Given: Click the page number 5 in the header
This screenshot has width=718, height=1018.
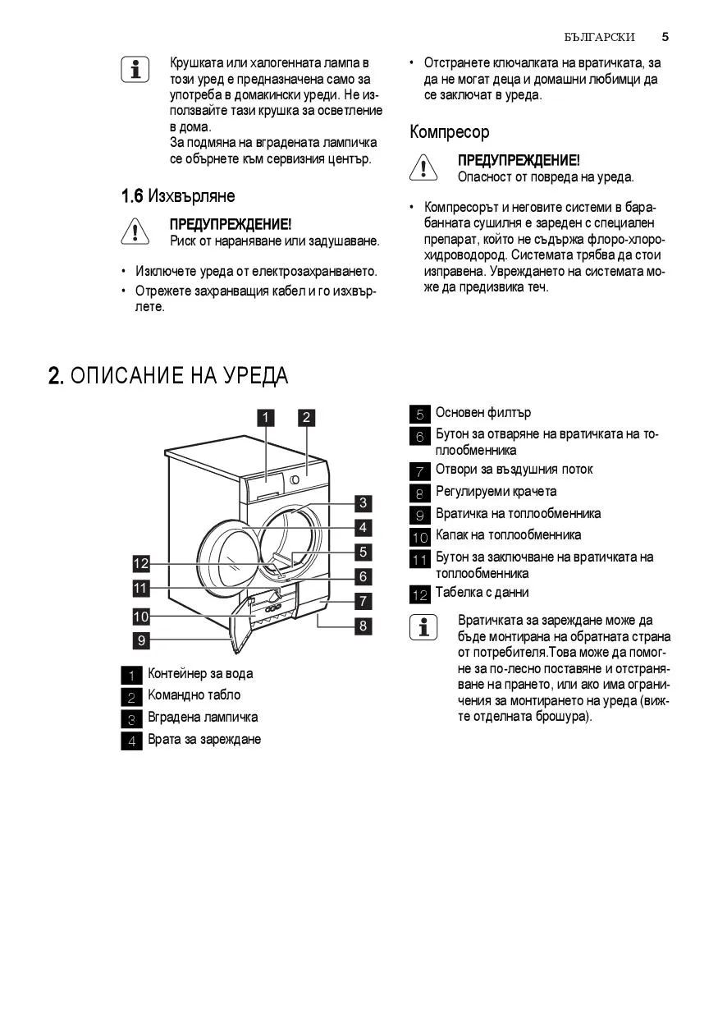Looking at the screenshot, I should click(665, 37).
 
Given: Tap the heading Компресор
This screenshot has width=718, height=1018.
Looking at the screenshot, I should click(449, 132).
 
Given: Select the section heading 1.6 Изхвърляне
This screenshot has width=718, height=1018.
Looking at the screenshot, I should click(178, 196).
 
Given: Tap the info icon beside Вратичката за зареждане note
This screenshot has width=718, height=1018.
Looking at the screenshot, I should click(423, 628).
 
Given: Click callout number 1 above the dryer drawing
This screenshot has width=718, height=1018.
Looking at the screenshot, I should click(265, 417).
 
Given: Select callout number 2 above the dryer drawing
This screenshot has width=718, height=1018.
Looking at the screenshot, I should click(306, 417).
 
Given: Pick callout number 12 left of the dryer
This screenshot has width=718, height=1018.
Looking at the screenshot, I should click(141, 563).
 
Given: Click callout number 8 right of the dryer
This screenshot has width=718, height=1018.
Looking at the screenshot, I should click(363, 626).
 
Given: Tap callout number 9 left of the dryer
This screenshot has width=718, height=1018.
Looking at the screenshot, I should click(141, 640).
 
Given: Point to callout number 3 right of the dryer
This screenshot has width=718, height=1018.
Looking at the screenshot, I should click(363, 503).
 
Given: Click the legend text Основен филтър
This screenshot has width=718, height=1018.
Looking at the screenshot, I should click(482, 413).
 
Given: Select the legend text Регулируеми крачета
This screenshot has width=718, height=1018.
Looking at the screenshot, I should click(496, 492).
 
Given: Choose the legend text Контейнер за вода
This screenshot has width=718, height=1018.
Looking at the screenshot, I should click(200, 674).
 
